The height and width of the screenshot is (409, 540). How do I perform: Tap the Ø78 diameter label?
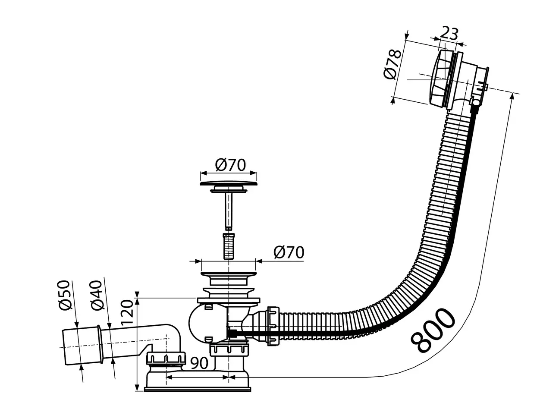(392, 64)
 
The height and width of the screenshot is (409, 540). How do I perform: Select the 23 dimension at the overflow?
(449, 33)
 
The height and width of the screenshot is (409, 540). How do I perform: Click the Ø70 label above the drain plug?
(230, 164)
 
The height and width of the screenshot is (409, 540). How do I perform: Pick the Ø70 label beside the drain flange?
(289, 252)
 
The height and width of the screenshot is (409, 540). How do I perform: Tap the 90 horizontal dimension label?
(199, 363)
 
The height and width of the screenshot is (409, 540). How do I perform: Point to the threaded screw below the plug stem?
(228, 246)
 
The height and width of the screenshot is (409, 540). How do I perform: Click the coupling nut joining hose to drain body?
(272, 325)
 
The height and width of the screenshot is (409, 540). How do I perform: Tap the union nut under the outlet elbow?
(166, 358)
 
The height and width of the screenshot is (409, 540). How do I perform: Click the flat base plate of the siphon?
(198, 389)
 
